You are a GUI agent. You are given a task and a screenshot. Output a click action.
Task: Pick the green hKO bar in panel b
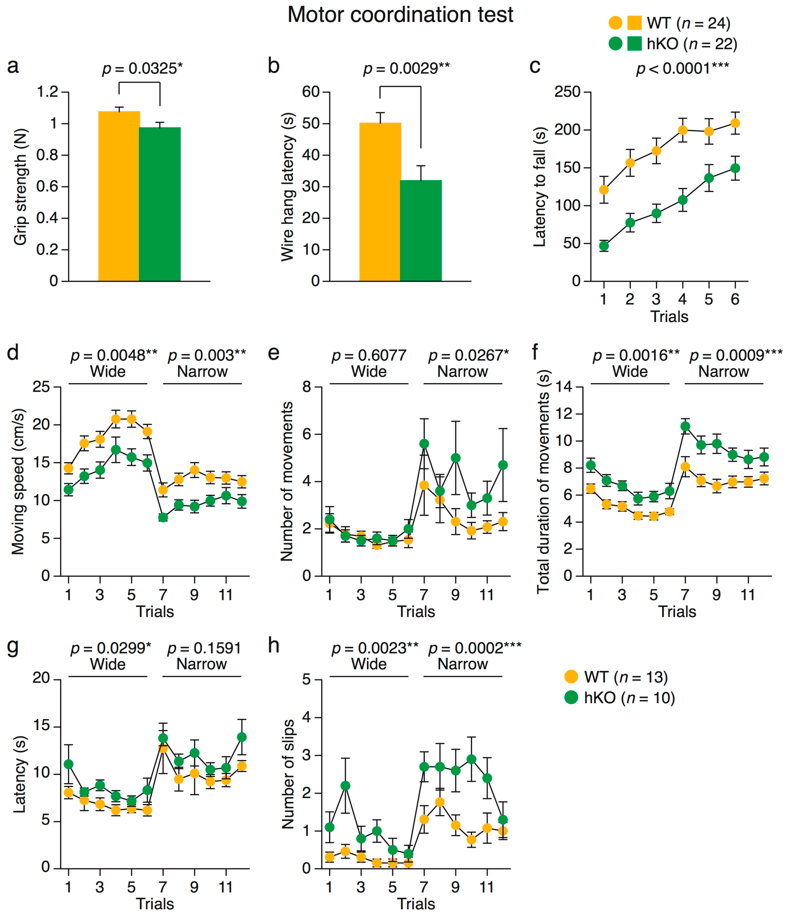point(421,230)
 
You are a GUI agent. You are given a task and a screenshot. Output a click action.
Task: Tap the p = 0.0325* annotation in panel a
point(142,69)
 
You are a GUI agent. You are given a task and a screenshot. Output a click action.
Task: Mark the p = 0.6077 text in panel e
point(369,355)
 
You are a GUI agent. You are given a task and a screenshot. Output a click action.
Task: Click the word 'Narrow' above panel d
point(203,371)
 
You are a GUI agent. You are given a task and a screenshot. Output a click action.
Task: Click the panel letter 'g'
point(13,647)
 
